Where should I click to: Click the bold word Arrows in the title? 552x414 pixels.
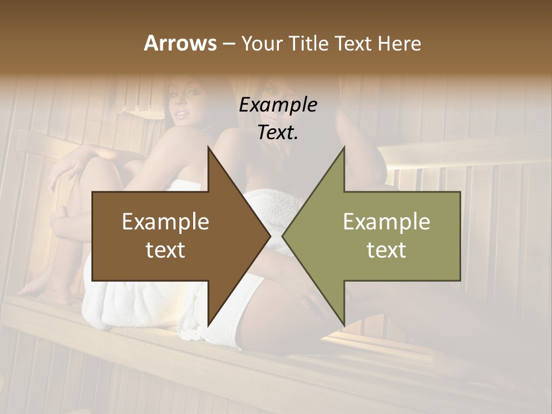pos(179,43)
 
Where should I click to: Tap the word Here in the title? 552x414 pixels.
pos(399,43)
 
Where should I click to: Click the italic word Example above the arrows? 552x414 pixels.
pos(278,105)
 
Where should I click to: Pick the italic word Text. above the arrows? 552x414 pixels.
pos(278,132)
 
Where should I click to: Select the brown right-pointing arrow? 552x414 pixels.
pos(172,236)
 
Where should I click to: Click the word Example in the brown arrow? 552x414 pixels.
pos(165,222)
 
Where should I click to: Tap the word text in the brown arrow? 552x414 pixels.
pos(165,250)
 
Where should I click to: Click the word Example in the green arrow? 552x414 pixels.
pos(386,222)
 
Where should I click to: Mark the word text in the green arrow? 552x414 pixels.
pos(386,250)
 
